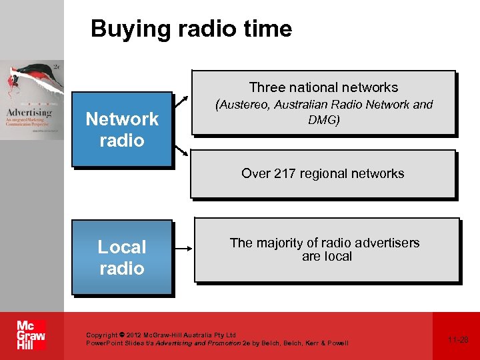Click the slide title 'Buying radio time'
(191, 29)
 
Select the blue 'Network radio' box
(122, 129)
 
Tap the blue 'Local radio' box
(122, 257)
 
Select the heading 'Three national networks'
(323, 87)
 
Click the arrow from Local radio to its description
(183, 249)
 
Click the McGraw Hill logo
(31, 335)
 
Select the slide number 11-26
(458, 339)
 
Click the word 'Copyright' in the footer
(101, 335)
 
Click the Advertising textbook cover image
(32, 100)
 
